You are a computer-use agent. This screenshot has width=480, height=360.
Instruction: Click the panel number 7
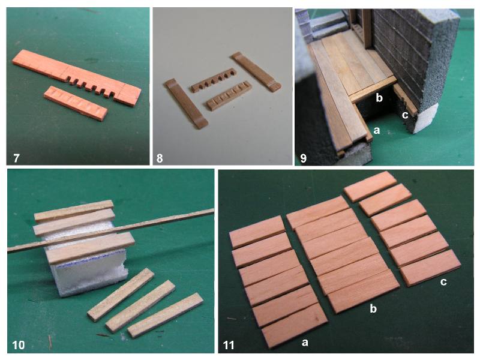16,158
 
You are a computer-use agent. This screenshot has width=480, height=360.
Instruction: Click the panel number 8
160,158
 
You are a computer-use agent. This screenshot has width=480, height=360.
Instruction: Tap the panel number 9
303,158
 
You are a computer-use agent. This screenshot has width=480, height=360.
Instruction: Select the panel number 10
19,345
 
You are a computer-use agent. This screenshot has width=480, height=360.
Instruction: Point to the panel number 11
229,346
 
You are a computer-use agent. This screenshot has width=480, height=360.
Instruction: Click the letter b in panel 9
379,98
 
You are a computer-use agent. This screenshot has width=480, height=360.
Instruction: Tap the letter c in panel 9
404,115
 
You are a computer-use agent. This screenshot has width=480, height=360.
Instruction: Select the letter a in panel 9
377,130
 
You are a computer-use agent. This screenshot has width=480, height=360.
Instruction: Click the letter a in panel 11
305,342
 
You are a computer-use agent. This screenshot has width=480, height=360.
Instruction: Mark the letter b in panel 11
373,308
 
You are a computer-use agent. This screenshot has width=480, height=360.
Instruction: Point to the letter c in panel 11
443,281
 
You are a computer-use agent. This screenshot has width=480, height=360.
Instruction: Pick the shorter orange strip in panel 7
76,103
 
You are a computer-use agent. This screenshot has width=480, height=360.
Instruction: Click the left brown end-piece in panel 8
186,104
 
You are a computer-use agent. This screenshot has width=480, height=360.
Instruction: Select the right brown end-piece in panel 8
256,72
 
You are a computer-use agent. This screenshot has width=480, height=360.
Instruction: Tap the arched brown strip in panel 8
214,80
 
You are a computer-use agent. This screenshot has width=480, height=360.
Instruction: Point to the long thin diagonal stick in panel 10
111,230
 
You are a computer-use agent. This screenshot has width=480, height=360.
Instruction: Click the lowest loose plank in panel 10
166,315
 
